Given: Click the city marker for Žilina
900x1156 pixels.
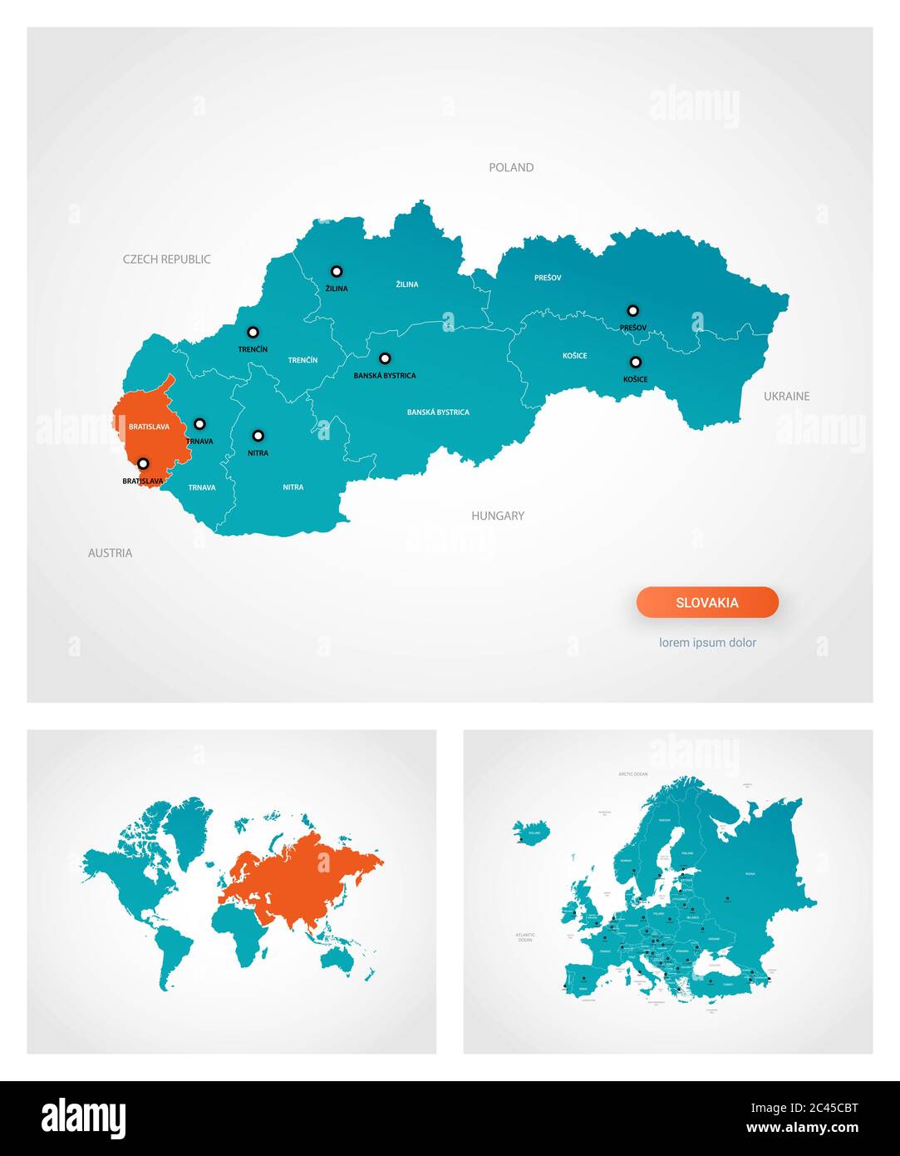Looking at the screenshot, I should [x=337, y=271].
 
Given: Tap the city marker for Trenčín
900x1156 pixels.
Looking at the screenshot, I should [x=253, y=332].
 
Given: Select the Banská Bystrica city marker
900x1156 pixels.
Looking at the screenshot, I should [x=385, y=358].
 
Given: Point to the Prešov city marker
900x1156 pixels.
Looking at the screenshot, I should [x=632, y=310].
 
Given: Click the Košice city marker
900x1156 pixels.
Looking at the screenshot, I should [x=635, y=362].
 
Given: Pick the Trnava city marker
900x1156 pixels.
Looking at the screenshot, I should [x=199, y=424].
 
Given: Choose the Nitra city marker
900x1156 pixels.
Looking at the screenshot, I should [x=258, y=435].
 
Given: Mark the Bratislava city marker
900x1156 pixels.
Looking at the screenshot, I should [x=143, y=463].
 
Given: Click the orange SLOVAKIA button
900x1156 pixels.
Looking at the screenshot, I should [x=707, y=602].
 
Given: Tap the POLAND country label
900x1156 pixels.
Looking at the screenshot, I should [x=511, y=167].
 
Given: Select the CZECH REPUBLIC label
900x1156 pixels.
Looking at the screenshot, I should [x=167, y=259].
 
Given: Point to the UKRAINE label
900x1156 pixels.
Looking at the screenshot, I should [x=786, y=396].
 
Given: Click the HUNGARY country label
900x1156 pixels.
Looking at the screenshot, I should [x=498, y=516].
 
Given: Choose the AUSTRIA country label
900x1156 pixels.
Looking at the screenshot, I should [x=111, y=552].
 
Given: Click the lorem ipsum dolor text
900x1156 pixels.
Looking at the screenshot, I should [x=707, y=642].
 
